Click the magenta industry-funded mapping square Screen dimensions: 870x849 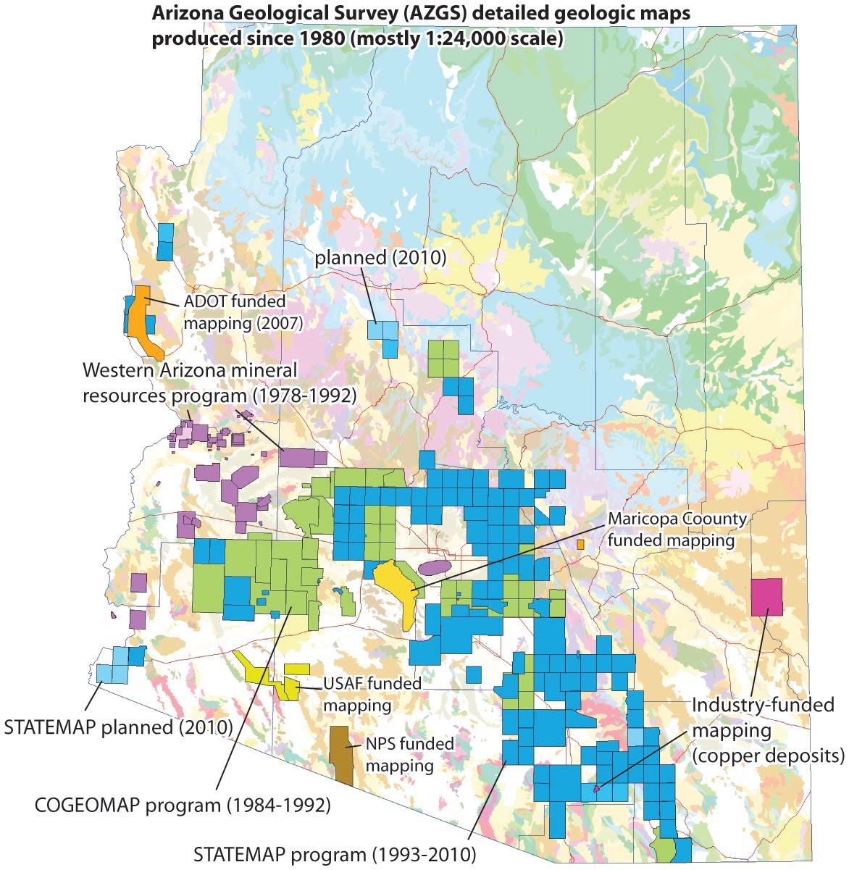point(766,597)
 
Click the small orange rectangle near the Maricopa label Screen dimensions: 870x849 point(580,544)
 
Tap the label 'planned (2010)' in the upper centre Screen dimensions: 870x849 point(380,257)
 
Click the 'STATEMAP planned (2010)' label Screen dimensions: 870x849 point(118,727)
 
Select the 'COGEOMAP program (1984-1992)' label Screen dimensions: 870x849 point(183,805)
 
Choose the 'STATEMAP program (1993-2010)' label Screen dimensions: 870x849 point(335,854)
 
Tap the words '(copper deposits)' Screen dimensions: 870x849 point(768,756)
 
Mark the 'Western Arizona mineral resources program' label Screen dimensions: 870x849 point(190,370)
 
